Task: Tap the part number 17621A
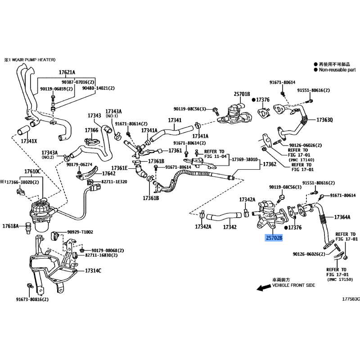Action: [67, 72]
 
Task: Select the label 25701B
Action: [242, 94]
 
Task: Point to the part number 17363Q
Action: [324, 120]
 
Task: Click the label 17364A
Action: [342, 217]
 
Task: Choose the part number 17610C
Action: [32, 171]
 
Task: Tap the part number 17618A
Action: [11, 225]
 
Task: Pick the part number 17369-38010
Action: [245, 160]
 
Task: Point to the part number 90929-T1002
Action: [80, 232]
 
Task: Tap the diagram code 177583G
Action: [351, 299]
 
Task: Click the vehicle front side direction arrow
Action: [260, 287]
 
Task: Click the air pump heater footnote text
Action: [31, 59]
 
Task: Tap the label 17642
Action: [109, 173]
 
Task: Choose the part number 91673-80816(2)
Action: [32, 299]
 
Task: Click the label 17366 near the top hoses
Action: [91, 130]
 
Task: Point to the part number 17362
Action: [269, 165]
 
